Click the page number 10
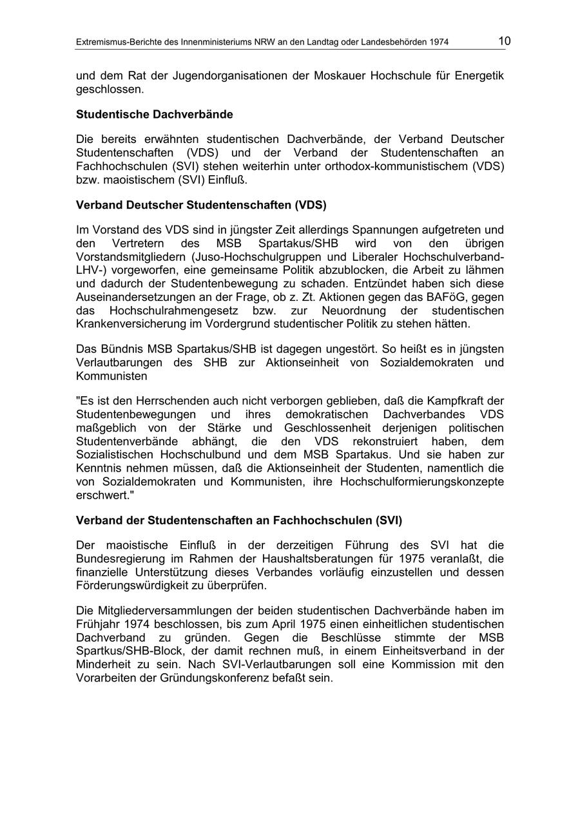coord(504,41)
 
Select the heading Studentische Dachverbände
coord(155,115)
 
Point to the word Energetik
coord(479,75)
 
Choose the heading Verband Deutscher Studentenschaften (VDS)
coord(201,205)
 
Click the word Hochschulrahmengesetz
coord(165,311)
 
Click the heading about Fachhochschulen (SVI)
coord(239,520)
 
